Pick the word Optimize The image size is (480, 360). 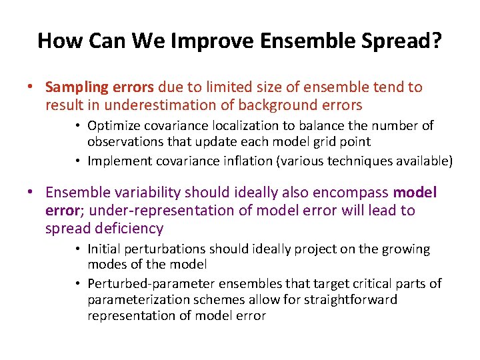click(113, 126)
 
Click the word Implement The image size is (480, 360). click(119, 160)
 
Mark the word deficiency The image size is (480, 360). click(129, 229)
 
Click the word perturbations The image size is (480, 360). click(167, 249)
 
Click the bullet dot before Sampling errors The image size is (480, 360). click(31, 88)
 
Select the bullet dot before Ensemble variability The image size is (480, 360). click(31, 193)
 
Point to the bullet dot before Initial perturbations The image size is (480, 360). click(78, 250)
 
